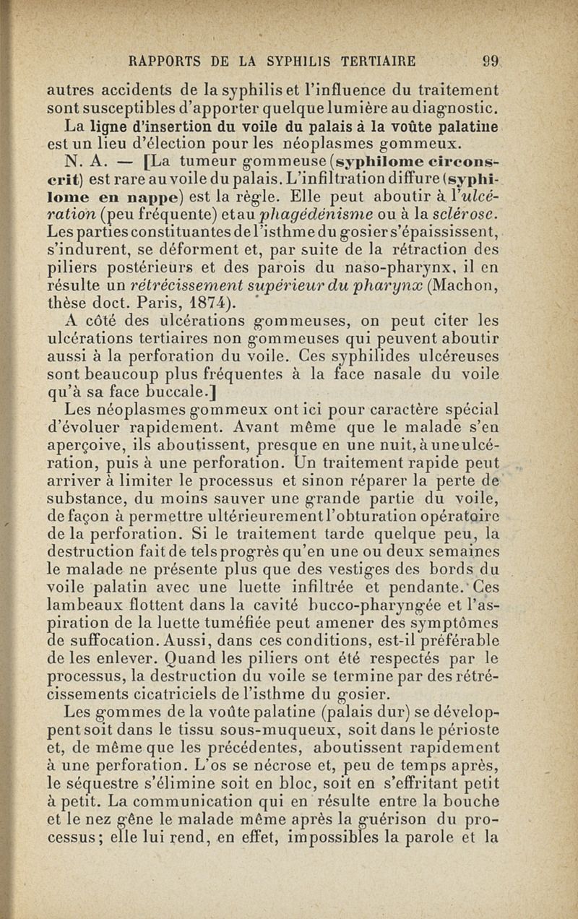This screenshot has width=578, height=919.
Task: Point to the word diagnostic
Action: [x=454, y=108]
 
